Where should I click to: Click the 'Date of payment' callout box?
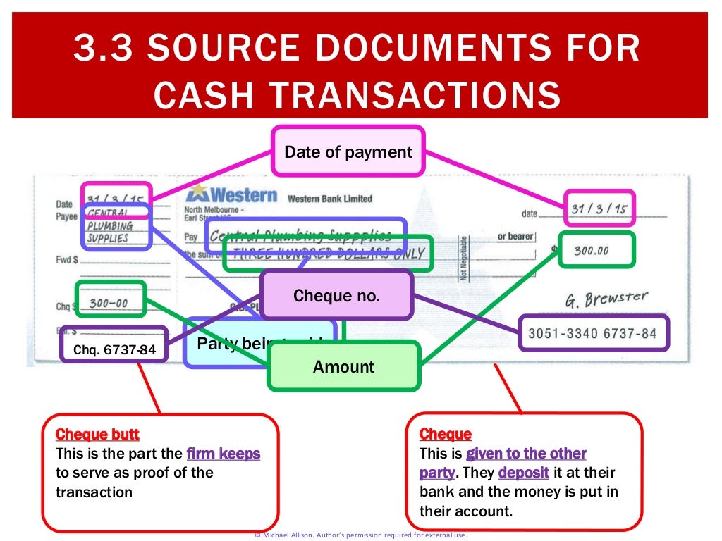pyautogui.click(x=348, y=151)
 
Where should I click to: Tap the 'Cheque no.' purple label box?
pyautogui.click(x=336, y=296)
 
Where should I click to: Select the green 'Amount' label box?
pyautogui.click(x=343, y=366)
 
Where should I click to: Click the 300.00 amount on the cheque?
pyautogui.click(x=594, y=250)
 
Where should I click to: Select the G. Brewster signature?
pyautogui.click(x=605, y=299)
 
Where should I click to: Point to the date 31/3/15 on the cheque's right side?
pyautogui.click(x=599, y=209)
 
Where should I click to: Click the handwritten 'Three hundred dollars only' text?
pyautogui.click(x=329, y=254)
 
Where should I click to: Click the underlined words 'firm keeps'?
pyautogui.click(x=223, y=454)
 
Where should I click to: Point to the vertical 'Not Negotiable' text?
pyautogui.click(x=463, y=258)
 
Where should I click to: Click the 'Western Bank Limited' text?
pyautogui.click(x=329, y=199)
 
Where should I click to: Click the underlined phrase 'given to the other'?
pyautogui.click(x=526, y=454)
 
